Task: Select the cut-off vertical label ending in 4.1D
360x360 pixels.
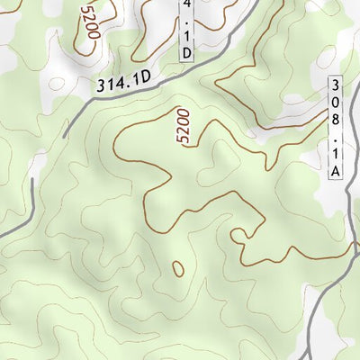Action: pyautogui.click(x=186, y=31)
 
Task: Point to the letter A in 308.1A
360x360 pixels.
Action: pyautogui.click(x=335, y=169)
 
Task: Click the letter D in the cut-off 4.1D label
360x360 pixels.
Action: pyautogui.click(x=186, y=53)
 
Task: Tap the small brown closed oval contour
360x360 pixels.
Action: pyautogui.click(x=177, y=268)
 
